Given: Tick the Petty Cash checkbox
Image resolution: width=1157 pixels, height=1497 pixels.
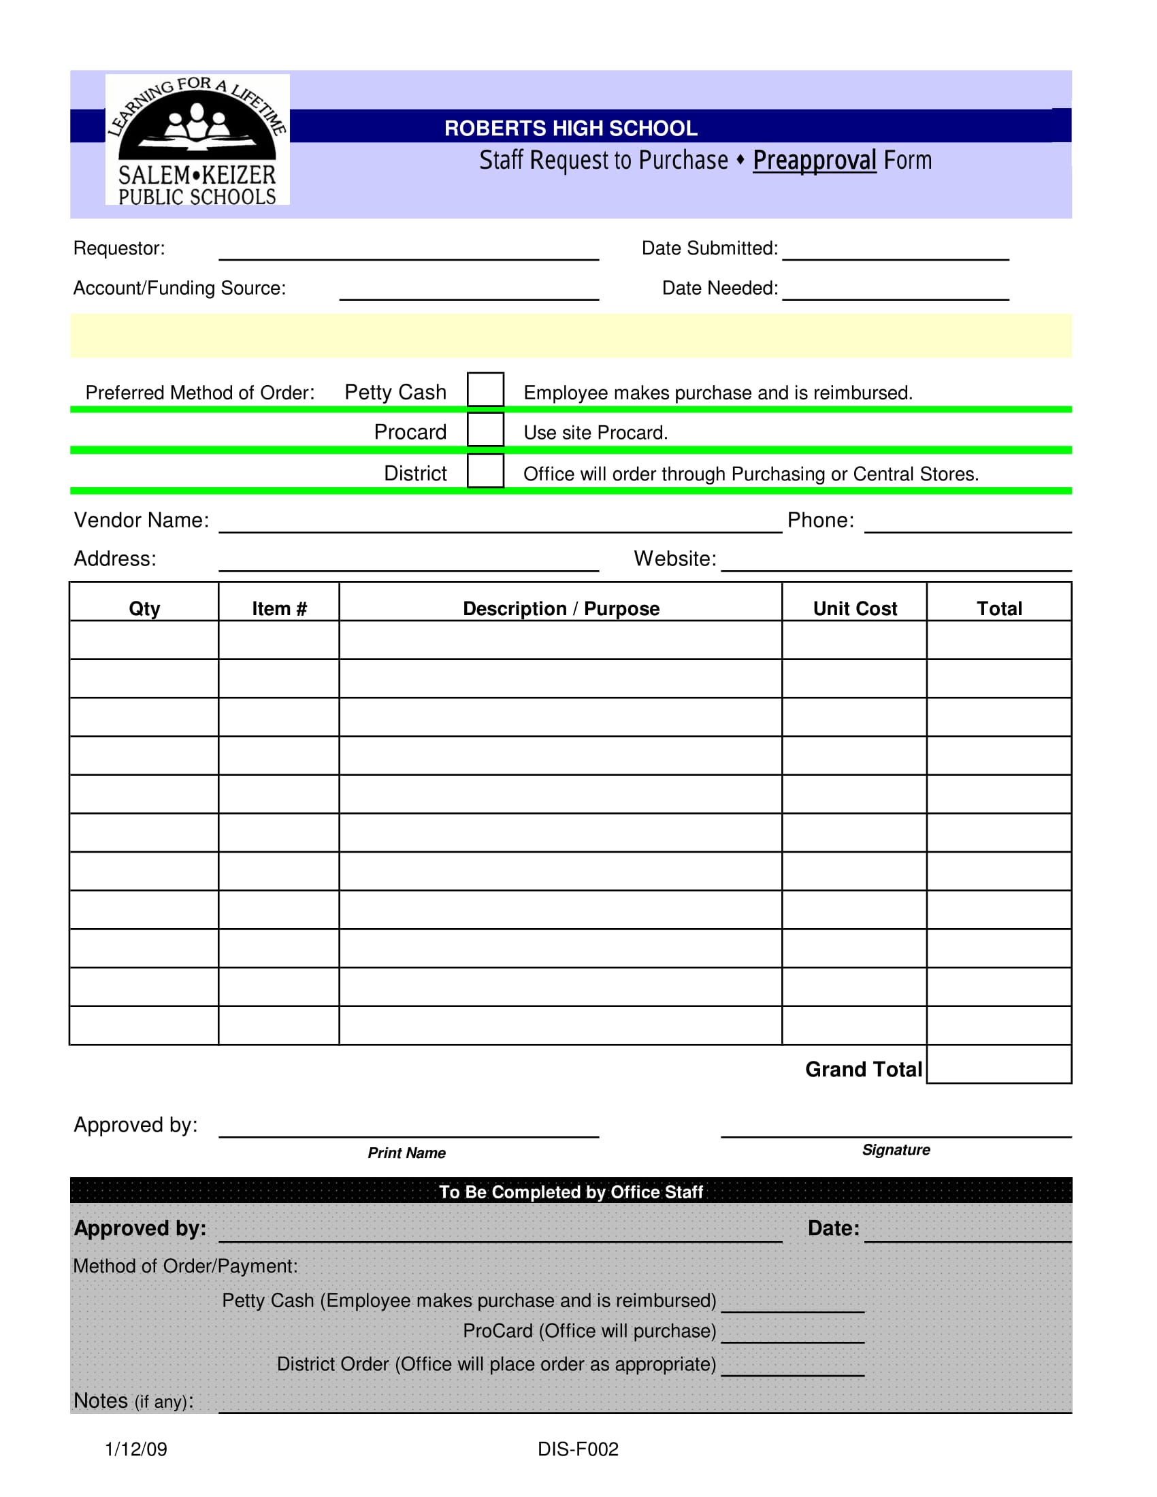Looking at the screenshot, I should (485, 389).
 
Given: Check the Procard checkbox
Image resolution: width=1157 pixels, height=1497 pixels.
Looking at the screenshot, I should (485, 430).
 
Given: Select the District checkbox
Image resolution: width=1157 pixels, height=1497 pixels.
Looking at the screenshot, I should (485, 471).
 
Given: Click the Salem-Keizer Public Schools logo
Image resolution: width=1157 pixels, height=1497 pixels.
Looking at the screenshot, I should (197, 139).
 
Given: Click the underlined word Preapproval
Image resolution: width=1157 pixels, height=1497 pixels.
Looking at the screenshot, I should (814, 161).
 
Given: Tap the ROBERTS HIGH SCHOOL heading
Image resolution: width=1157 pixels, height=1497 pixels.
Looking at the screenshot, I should (570, 128).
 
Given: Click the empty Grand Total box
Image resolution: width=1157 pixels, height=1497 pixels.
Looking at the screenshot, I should (998, 1064).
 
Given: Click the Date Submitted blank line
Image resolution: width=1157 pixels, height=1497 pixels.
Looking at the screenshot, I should (895, 252).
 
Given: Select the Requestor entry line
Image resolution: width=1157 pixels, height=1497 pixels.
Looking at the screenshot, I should (408, 252).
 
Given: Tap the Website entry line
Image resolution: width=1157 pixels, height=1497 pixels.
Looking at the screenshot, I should (896, 563).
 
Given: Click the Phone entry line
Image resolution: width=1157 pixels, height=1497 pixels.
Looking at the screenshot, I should (968, 525).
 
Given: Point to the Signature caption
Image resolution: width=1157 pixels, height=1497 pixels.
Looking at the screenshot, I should (896, 1149).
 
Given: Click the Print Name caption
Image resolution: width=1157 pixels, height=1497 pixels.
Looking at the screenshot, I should (406, 1153).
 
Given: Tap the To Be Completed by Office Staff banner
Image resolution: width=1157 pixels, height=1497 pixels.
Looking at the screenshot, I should (570, 1191).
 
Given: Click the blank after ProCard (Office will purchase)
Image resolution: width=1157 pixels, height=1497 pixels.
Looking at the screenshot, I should (792, 1336).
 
